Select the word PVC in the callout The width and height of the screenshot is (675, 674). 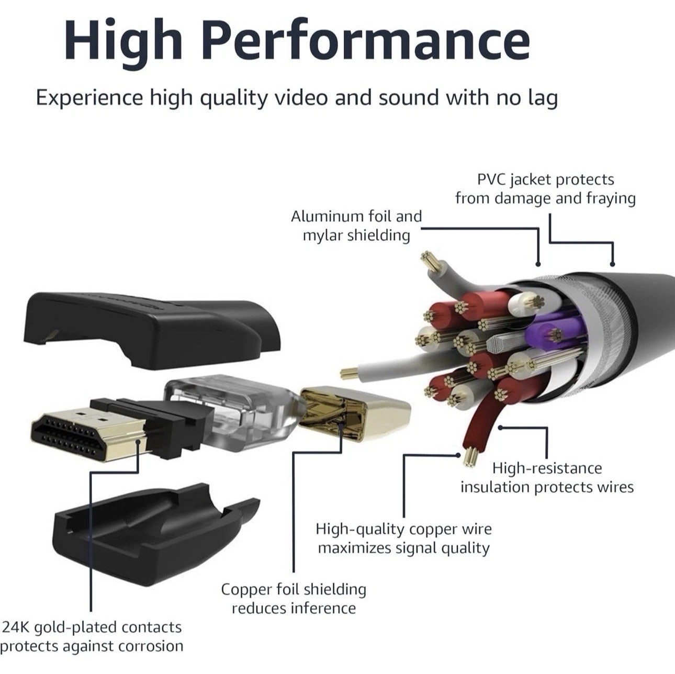[492, 179]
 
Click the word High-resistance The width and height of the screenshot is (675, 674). [547, 468]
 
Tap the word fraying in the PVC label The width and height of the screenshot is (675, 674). [611, 199]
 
